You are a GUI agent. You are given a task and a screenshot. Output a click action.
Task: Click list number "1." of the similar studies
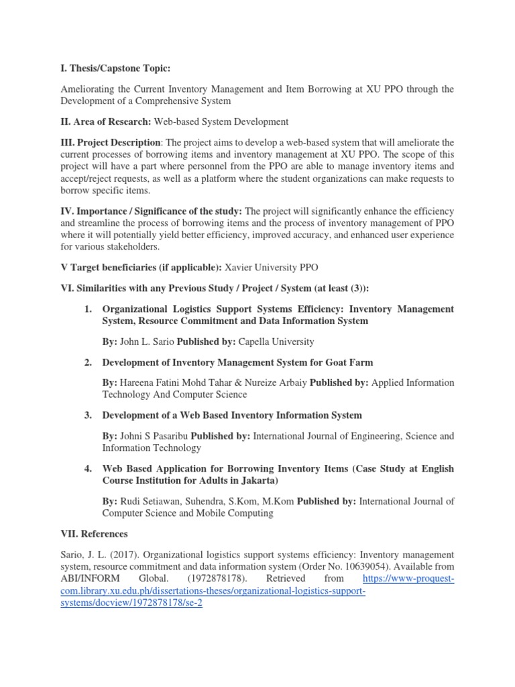88,309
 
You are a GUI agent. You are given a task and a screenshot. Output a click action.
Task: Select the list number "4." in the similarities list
88,468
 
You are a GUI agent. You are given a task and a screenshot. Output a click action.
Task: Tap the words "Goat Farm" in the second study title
351,362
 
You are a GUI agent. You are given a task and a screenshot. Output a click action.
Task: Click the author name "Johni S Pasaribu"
154,435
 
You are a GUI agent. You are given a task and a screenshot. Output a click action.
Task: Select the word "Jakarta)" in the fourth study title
257,480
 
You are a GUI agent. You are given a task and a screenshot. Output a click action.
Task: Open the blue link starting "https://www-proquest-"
408,578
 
